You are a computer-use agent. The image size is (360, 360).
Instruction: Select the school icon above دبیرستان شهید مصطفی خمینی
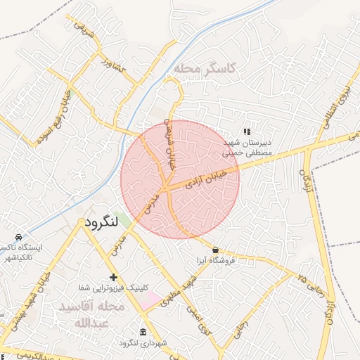pos(246,131)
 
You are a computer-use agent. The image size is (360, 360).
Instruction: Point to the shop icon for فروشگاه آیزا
pos(214,250)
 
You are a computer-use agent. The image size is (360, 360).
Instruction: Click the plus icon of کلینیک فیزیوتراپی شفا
pos(113,277)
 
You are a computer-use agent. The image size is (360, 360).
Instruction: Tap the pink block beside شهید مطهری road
pos(149,301)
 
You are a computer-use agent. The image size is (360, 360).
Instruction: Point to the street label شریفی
pos(77,27)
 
